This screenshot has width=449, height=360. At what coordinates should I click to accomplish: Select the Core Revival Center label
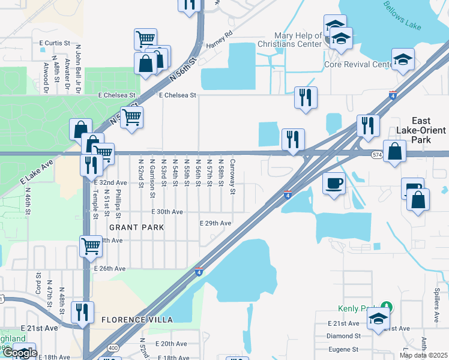pyautogui.click(x=358, y=64)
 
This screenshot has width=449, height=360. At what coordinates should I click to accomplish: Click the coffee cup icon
pyautogui.click(x=334, y=183)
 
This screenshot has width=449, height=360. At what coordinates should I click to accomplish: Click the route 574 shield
pyautogui.click(x=376, y=154)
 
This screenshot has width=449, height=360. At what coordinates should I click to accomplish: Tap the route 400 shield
pyautogui.click(x=113, y=347)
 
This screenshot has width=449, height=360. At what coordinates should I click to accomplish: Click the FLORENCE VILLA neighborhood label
pyautogui.click(x=137, y=320)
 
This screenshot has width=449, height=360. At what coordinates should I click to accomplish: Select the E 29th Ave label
pyautogui.click(x=215, y=223)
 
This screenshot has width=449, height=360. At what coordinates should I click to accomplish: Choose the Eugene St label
pyautogui.click(x=343, y=349)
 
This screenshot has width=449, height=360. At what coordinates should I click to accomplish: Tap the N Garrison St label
pyautogui.click(x=152, y=178)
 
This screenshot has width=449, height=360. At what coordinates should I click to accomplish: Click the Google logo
pyautogui.click(x=19, y=353)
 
